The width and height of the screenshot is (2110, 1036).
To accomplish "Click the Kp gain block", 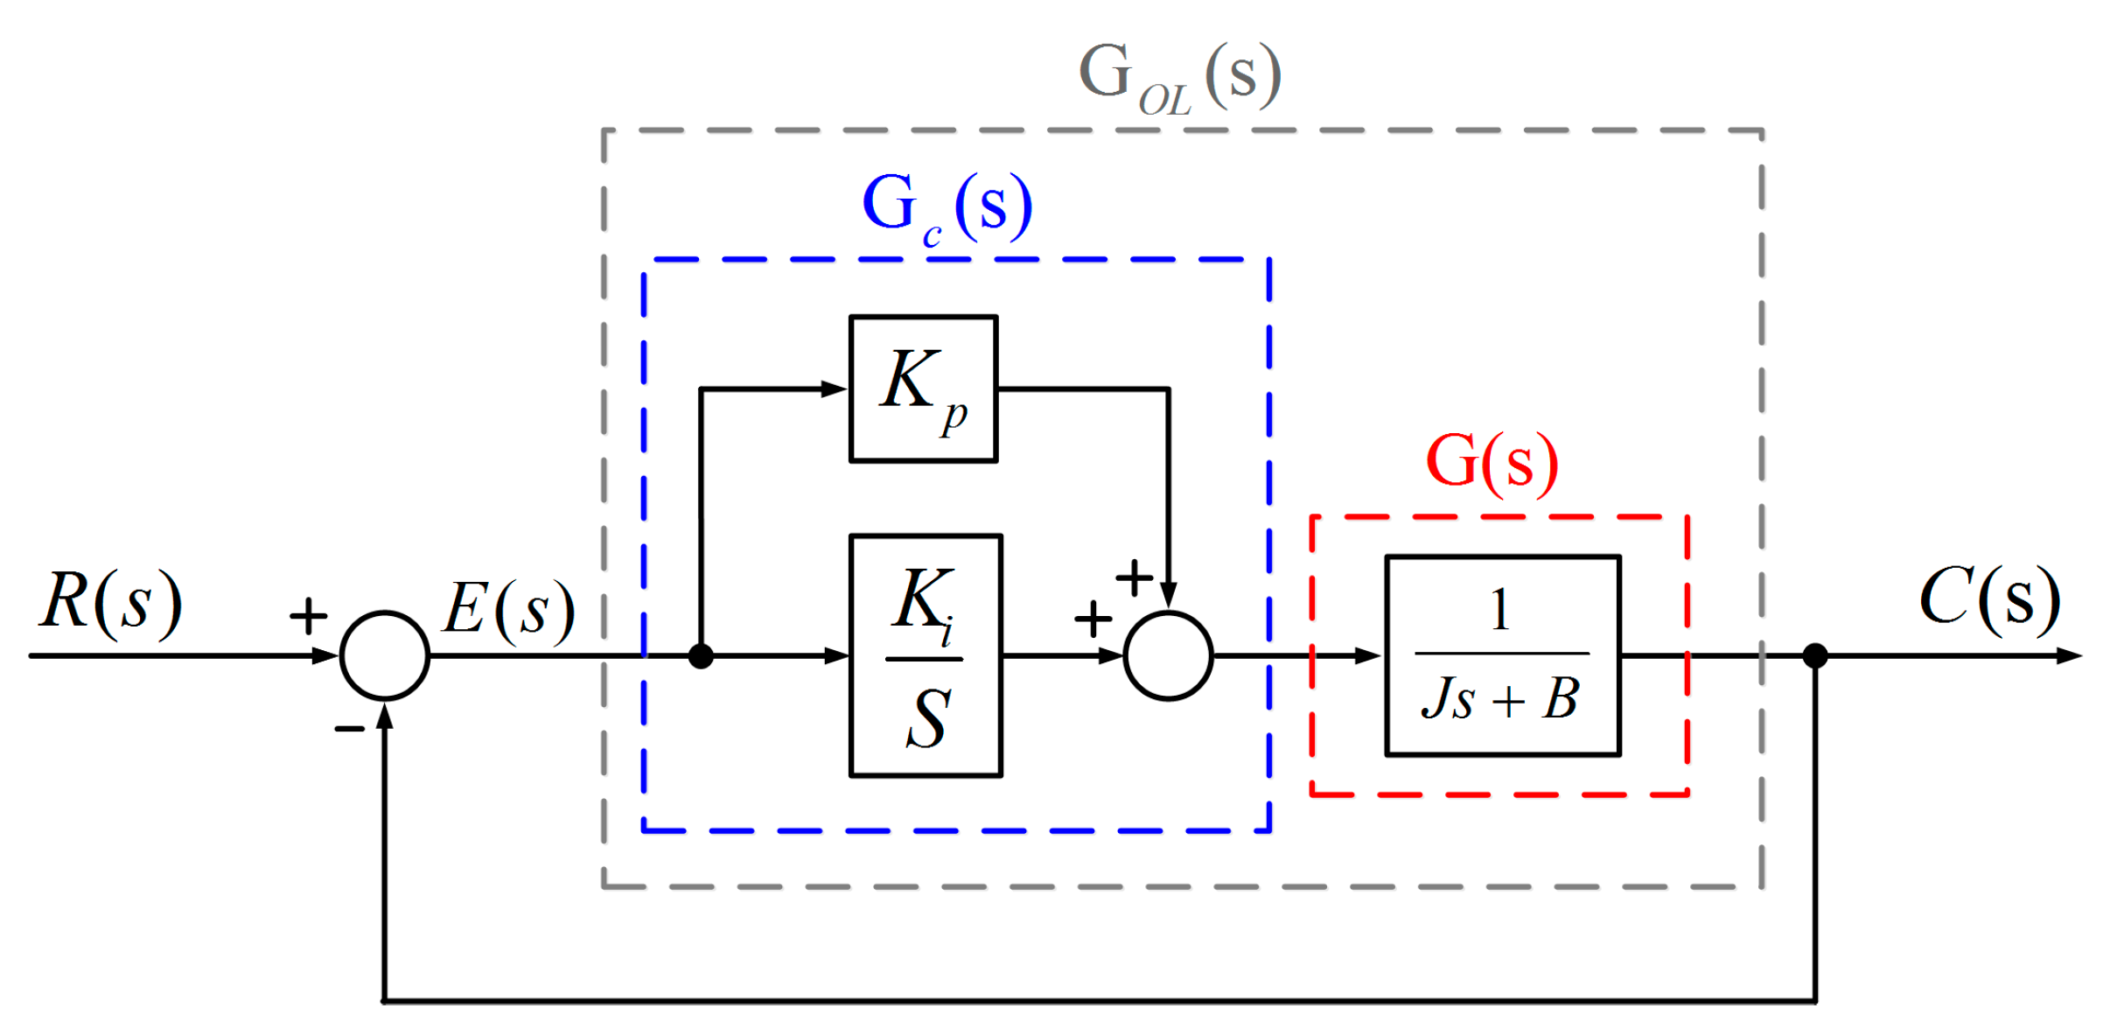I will (923, 388).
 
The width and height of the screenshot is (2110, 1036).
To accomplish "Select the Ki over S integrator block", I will (925, 654).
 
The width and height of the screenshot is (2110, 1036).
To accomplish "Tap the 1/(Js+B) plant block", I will (1502, 654).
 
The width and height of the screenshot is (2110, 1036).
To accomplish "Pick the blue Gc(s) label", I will (947, 206).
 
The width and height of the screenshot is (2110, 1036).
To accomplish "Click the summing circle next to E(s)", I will (385, 654).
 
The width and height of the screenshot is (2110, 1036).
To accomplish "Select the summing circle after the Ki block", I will (1168, 654).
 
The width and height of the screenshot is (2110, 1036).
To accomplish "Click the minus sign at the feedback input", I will (349, 728).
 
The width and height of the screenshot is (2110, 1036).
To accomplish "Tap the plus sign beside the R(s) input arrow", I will (308, 615).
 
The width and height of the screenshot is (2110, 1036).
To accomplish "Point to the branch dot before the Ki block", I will (701, 655).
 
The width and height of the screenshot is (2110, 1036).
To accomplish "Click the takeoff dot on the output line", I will (1815, 655).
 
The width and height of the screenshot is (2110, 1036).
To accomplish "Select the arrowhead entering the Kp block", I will (834, 388).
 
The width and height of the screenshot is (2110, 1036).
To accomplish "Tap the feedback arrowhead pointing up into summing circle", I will (385, 715).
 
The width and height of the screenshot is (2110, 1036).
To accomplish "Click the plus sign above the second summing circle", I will (1134, 577).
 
